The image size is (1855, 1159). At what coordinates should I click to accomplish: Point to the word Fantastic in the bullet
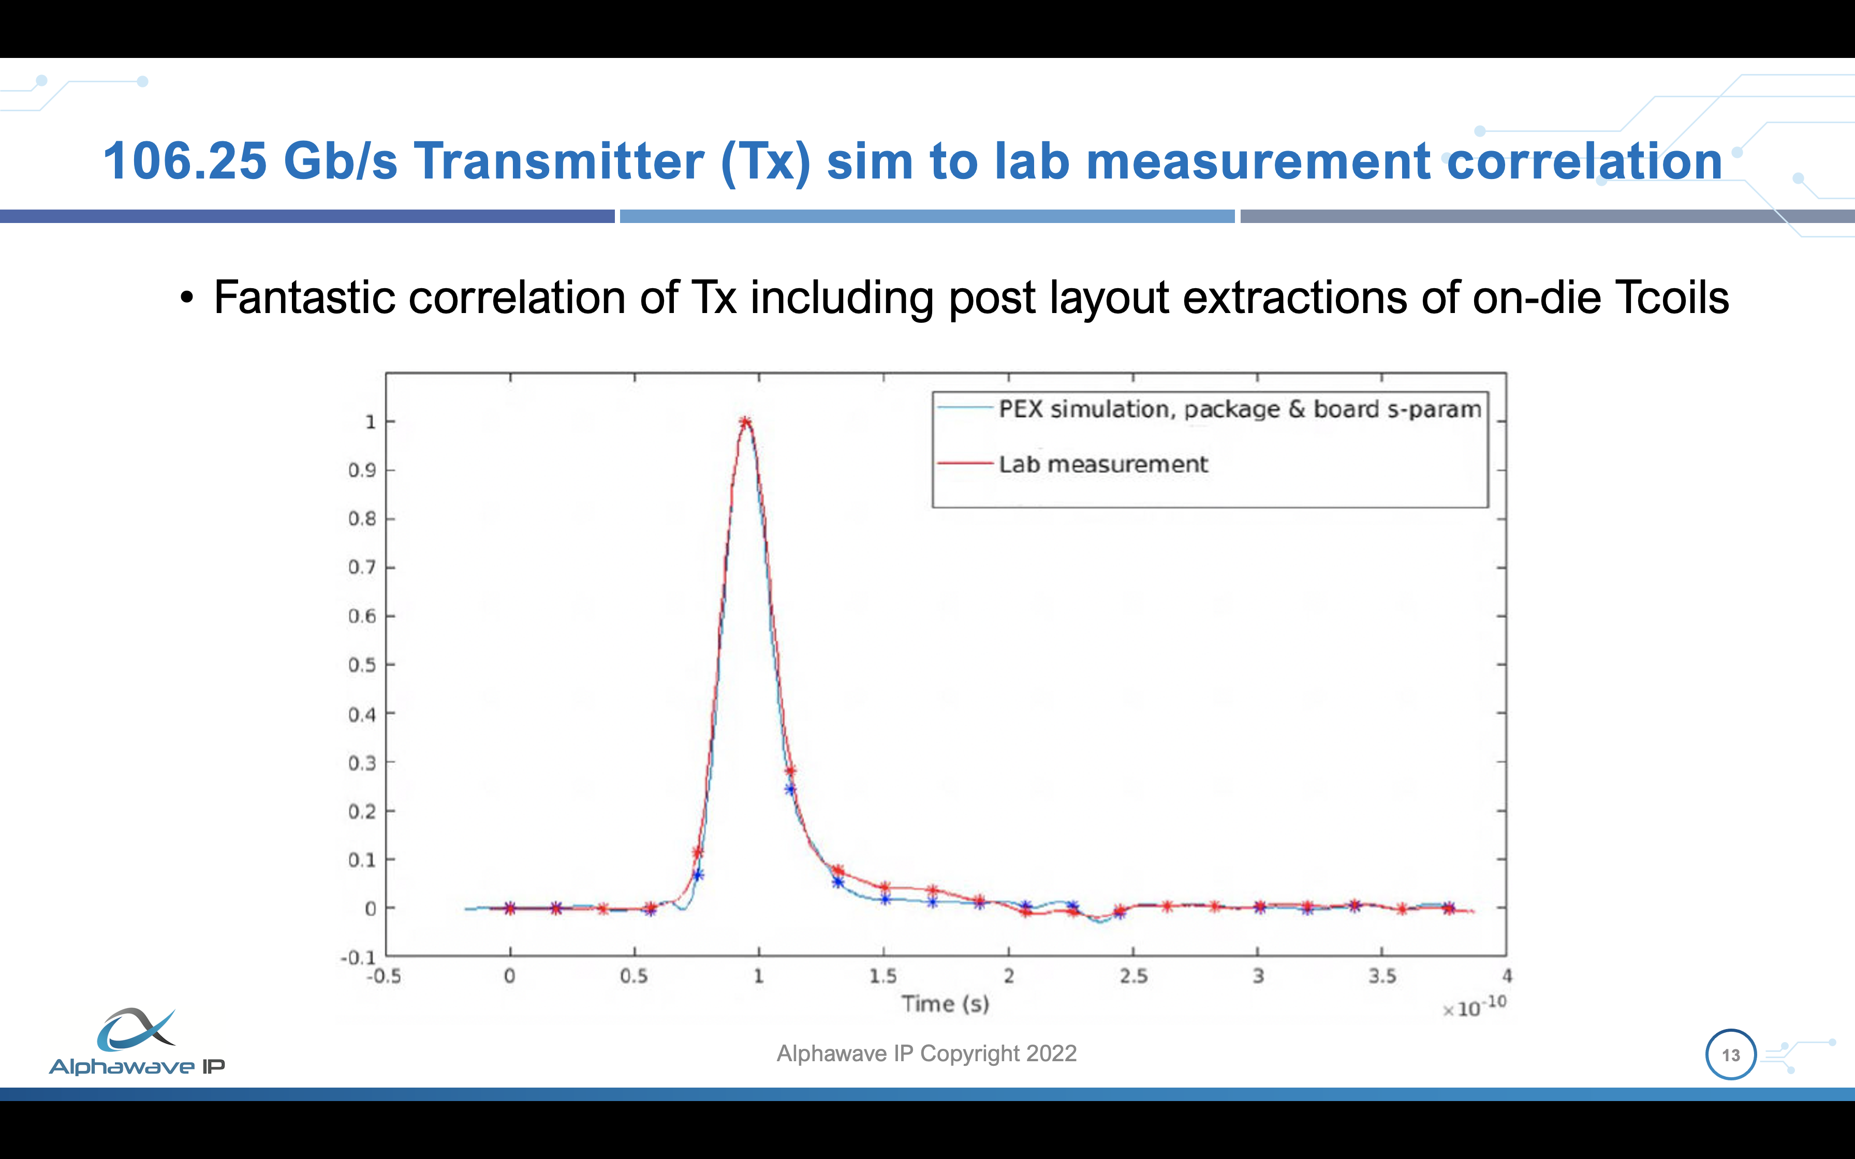305,298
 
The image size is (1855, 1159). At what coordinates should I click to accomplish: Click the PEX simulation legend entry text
1240,409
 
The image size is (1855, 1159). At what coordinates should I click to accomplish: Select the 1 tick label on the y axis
370,422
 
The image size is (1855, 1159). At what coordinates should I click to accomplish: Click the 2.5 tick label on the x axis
1133,976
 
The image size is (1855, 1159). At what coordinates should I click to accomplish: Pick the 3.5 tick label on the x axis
1382,976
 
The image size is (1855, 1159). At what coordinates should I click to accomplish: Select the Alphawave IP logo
137,1041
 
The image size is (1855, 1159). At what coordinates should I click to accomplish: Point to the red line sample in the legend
965,464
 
